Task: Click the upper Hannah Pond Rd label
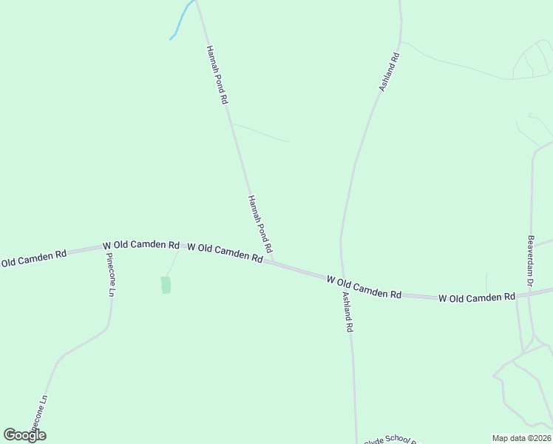[x=216, y=75]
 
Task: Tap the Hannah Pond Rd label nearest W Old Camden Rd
[x=260, y=223]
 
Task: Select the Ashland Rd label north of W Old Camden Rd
[x=389, y=72]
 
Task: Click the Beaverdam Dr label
[x=530, y=262]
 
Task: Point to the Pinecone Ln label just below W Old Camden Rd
[x=110, y=275]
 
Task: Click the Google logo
[x=24, y=435]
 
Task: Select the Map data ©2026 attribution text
[x=521, y=438]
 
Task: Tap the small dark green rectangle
[x=166, y=284]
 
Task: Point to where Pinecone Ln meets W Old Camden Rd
[x=104, y=247]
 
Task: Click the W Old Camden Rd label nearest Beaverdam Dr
[x=476, y=297]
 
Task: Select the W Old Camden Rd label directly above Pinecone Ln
[x=140, y=244]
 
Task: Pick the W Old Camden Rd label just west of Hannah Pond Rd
[x=225, y=252]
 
